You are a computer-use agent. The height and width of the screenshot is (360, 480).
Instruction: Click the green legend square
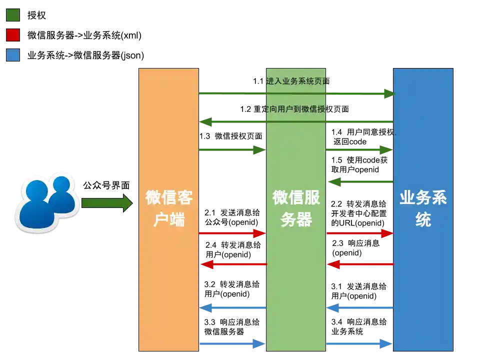12,15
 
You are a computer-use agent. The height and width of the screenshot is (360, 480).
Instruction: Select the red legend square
12,35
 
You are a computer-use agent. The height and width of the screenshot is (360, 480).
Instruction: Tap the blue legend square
12,55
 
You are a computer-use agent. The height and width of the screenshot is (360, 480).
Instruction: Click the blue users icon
46,202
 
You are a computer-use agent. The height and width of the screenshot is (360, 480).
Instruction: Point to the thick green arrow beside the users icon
106,203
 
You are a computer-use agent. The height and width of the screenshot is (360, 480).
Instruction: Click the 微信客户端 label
169,208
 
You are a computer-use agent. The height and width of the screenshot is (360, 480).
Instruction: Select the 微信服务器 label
296,208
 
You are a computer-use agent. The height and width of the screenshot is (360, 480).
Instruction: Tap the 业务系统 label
423,208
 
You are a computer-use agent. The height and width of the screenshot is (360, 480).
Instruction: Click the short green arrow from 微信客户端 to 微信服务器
232,149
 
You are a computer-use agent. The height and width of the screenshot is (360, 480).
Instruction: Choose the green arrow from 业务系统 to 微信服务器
360,181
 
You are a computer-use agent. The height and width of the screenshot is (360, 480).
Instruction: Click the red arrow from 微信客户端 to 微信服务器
232,233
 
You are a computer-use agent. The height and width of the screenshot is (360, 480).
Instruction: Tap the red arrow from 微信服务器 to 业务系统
360,233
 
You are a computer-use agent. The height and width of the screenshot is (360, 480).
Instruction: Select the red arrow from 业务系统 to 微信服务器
360,264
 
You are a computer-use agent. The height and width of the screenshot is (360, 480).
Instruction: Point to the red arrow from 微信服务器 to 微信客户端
233,264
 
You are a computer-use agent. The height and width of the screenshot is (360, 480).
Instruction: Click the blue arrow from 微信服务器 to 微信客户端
233,308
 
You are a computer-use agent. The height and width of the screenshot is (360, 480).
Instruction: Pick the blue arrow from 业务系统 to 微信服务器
360,308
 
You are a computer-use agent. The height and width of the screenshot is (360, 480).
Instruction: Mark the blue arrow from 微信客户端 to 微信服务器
232,343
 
